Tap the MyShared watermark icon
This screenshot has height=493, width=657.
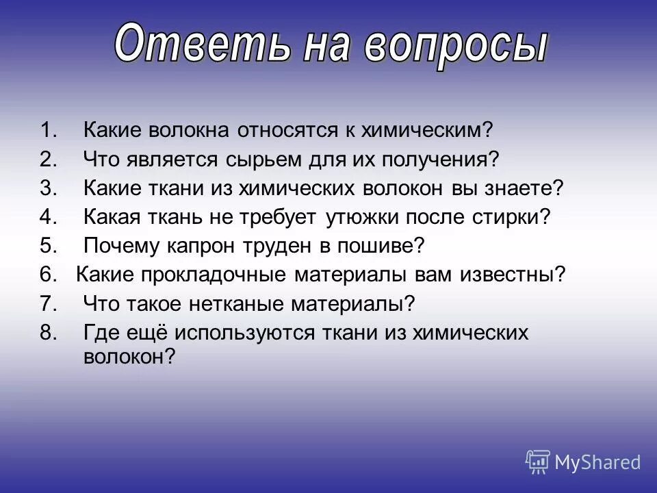point(538,462)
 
